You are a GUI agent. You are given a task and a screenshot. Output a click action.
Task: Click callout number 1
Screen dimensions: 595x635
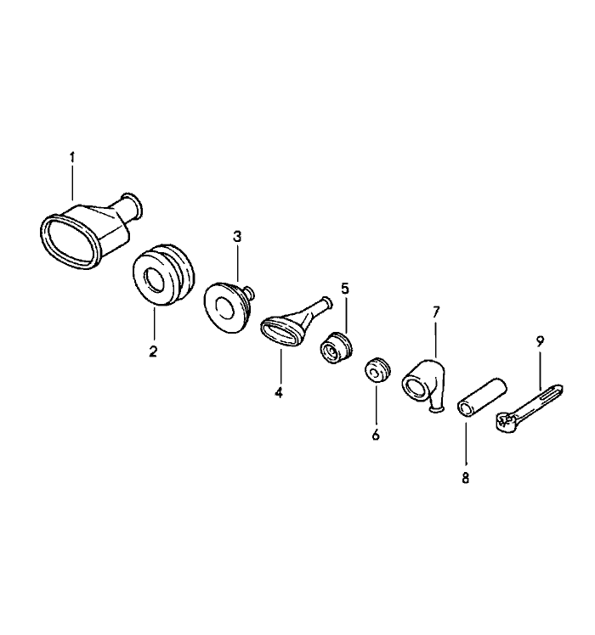coord(72,157)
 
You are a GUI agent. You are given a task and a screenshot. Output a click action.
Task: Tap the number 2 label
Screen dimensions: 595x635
coord(153,351)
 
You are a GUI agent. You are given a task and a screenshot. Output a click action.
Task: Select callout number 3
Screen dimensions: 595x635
coord(237,237)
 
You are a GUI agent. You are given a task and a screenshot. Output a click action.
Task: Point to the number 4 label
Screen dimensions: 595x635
coord(278,392)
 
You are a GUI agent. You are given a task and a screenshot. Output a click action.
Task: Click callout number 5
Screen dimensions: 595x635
coord(345,289)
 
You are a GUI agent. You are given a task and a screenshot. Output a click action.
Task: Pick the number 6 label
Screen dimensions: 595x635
coord(376,435)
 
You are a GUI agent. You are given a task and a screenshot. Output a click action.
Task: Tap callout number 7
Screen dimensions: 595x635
coord(436,312)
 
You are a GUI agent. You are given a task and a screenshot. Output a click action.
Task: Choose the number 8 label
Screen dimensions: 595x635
coord(465,478)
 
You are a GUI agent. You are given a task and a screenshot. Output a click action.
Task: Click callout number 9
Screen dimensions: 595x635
coord(540,341)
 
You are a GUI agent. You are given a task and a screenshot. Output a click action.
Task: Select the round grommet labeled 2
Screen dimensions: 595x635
coord(163,274)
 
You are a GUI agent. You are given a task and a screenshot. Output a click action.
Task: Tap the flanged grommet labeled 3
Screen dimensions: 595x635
coord(227,307)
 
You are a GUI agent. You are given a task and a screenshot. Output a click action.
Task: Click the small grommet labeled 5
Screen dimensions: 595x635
coord(335,347)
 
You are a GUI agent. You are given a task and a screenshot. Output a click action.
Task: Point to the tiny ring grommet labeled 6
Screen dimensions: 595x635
coord(377,369)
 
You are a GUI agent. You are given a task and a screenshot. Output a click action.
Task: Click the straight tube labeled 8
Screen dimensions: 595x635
coord(482,396)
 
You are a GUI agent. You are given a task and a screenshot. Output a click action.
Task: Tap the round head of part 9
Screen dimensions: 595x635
coord(504,424)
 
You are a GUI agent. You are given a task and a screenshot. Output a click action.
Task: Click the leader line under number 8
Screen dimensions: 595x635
coord(466,444)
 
